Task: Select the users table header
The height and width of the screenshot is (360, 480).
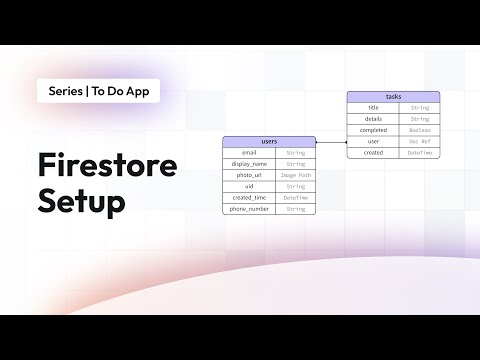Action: point(269,141)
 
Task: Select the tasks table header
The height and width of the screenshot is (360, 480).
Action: point(392,96)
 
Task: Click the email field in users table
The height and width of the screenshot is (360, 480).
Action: point(249,152)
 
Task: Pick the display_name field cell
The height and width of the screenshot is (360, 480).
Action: point(249,163)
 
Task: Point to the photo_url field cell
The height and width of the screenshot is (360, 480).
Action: point(249,175)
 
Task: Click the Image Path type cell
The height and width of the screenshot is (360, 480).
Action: point(296,175)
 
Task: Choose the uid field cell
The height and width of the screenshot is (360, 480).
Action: point(249,186)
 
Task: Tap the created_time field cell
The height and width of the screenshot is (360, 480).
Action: point(249,198)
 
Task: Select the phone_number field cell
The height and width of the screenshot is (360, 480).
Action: point(249,209)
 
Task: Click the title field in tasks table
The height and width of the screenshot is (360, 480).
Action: point(373,107)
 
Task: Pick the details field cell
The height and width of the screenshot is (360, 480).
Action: point(373,118)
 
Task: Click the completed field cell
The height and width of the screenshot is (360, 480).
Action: point(373,130)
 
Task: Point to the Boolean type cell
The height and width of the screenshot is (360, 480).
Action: point(419,130)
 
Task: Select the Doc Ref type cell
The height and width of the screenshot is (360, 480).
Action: point(419,141)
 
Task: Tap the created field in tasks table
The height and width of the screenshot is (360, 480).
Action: point(373,153)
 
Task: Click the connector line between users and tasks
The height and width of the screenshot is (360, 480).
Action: point(332,142)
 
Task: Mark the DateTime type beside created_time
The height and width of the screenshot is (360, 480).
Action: point(296,198)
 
